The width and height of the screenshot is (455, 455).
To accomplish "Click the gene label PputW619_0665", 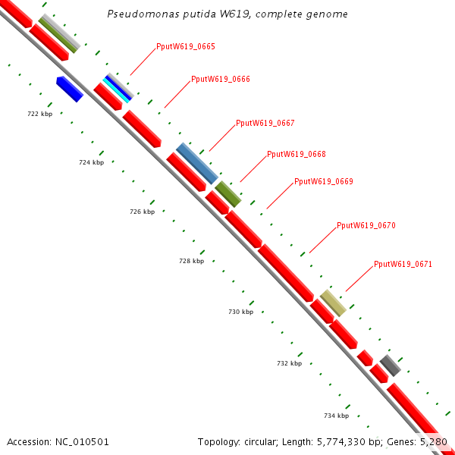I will point(185,47).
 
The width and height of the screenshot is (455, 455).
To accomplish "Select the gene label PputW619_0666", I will point(220,79).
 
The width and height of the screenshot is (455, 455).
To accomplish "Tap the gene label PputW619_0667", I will point(265,123).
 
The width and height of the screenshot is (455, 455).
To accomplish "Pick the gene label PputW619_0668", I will point(296,155).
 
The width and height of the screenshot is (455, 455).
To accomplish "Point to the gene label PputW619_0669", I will point(323,182).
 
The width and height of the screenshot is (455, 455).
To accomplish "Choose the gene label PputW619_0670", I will point(366,226).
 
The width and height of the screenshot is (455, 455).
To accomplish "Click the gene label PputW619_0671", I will point(403,265).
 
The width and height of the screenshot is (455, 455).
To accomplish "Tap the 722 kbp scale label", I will point(39,114).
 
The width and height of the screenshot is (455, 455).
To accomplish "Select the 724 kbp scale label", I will point(91,163).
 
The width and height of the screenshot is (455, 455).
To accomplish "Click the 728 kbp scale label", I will point(191,261).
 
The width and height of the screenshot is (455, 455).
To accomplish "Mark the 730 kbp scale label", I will point(240,312).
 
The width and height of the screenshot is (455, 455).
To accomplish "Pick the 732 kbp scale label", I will point(289,364).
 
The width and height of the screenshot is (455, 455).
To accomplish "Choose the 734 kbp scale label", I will point(336,416).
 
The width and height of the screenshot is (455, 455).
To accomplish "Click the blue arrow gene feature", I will point(70,89).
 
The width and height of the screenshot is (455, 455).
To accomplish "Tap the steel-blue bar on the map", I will point(196,162).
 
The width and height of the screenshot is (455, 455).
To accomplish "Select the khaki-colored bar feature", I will point(333,303).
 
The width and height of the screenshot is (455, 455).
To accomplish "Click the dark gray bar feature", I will point(390,365).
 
